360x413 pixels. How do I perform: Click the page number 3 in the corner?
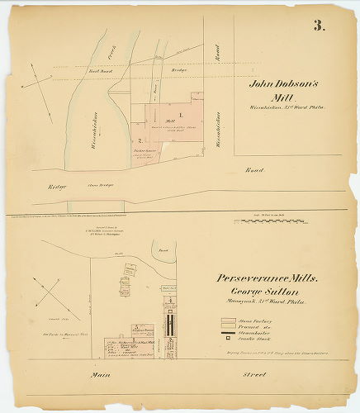pyautogui.click(x=319, y=24)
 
